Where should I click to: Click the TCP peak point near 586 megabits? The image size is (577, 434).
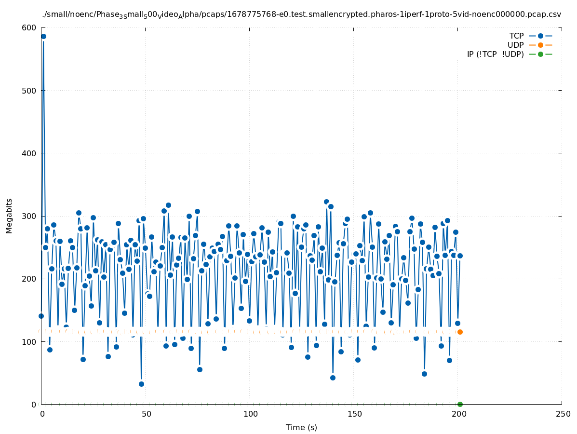43,36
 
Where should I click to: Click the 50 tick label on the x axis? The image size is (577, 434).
146,414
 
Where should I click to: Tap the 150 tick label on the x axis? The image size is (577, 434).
354,414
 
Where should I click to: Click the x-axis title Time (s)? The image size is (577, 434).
301,427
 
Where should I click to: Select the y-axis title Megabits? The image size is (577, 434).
10,216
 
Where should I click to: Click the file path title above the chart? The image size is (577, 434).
301,14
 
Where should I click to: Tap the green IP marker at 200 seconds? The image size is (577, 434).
460,404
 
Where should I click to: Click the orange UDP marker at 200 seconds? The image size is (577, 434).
460,332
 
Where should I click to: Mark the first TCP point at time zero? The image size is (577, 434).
41,316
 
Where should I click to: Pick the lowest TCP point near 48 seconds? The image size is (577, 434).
141,384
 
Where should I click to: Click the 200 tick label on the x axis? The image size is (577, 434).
458,414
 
